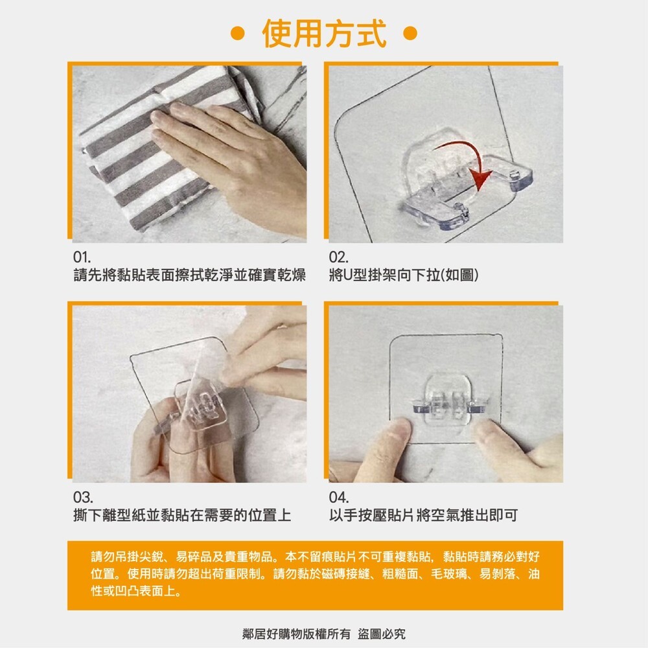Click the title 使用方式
pos(324,34)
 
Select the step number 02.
pos(338,257)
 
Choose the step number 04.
pos(339,498)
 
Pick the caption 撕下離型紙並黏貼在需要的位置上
pos(181,516)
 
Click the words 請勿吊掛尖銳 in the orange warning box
pos(123,557)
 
